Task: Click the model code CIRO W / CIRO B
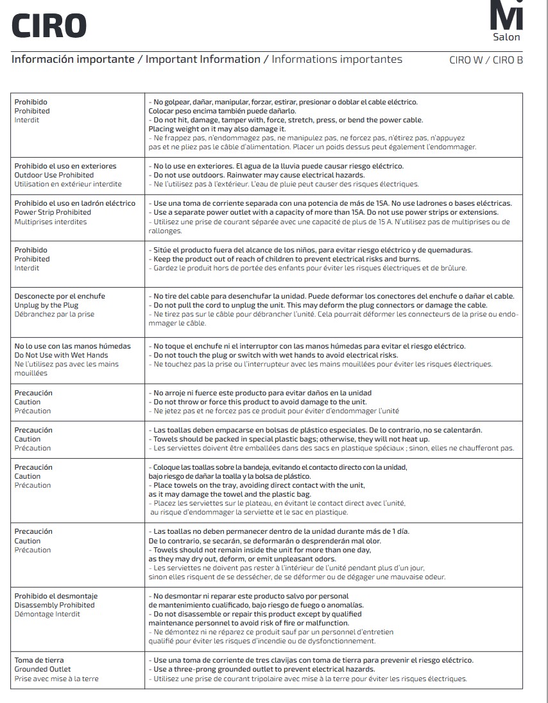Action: [x=486, y=61]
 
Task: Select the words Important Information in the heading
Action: [x=203, y=60]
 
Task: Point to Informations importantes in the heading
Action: [x=337, y=60]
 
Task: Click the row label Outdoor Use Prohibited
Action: [x=54, y=175]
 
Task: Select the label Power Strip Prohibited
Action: [x=53, y=212]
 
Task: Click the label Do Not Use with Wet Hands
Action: [x=61, y=355]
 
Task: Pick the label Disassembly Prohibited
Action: [x=55, y=605]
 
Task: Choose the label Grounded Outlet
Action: [x=42, y=669]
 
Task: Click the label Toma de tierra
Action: [x=39, y=660]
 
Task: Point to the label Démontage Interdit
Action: [x=47, y=614]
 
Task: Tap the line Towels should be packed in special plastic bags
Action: [x=289, y=439]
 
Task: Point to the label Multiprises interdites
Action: [x=51, y=222]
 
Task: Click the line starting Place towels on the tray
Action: [x=257, y=485]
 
